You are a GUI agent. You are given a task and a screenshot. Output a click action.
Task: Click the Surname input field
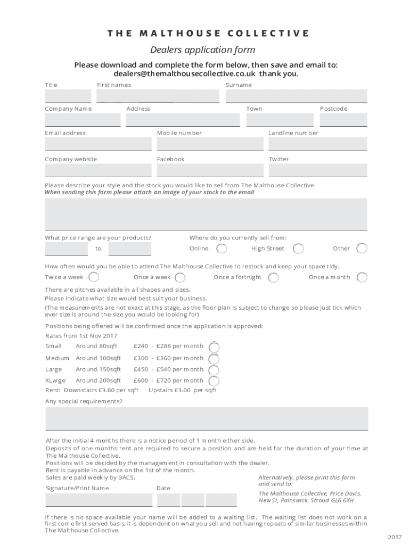[296, 96]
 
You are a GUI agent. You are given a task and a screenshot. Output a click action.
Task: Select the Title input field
[68, 96]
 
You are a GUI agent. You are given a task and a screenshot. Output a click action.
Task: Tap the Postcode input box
[343, 119]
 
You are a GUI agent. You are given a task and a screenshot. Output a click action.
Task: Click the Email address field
[98, 144]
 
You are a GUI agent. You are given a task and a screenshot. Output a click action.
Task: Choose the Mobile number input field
[210, 144]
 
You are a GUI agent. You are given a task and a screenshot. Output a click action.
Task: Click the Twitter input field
[318, 170]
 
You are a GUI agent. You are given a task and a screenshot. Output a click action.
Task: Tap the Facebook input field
[210, 170]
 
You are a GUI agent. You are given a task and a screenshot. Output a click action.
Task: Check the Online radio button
[222, 249]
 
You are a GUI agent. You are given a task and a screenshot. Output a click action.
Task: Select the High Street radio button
[299, 249]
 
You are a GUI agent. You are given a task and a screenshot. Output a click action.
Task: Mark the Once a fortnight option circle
[273, 277]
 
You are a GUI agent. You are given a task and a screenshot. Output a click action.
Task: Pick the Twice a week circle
[94, 277]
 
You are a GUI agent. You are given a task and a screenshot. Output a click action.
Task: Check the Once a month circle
[362, 277]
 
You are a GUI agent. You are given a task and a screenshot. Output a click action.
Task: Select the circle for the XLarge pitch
[214, 381]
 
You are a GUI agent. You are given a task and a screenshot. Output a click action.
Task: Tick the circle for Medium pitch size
[214, 358]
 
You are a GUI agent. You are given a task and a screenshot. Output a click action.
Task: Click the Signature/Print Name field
[99, 500]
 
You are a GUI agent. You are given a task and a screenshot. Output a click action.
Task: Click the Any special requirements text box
[207, 418]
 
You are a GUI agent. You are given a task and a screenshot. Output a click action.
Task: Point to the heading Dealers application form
[202, 50]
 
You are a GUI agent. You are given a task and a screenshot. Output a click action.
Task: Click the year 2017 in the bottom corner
[395, 537]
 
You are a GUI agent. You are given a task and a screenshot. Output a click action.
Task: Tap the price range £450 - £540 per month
[168, 369]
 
